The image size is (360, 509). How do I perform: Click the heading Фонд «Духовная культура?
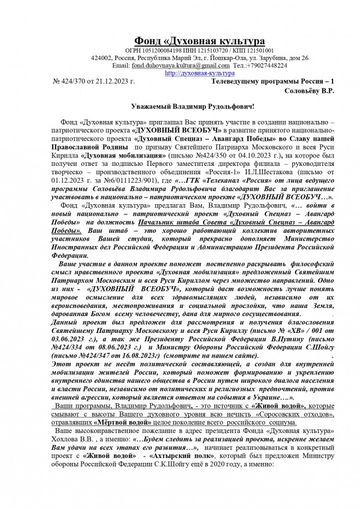point(190,41)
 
